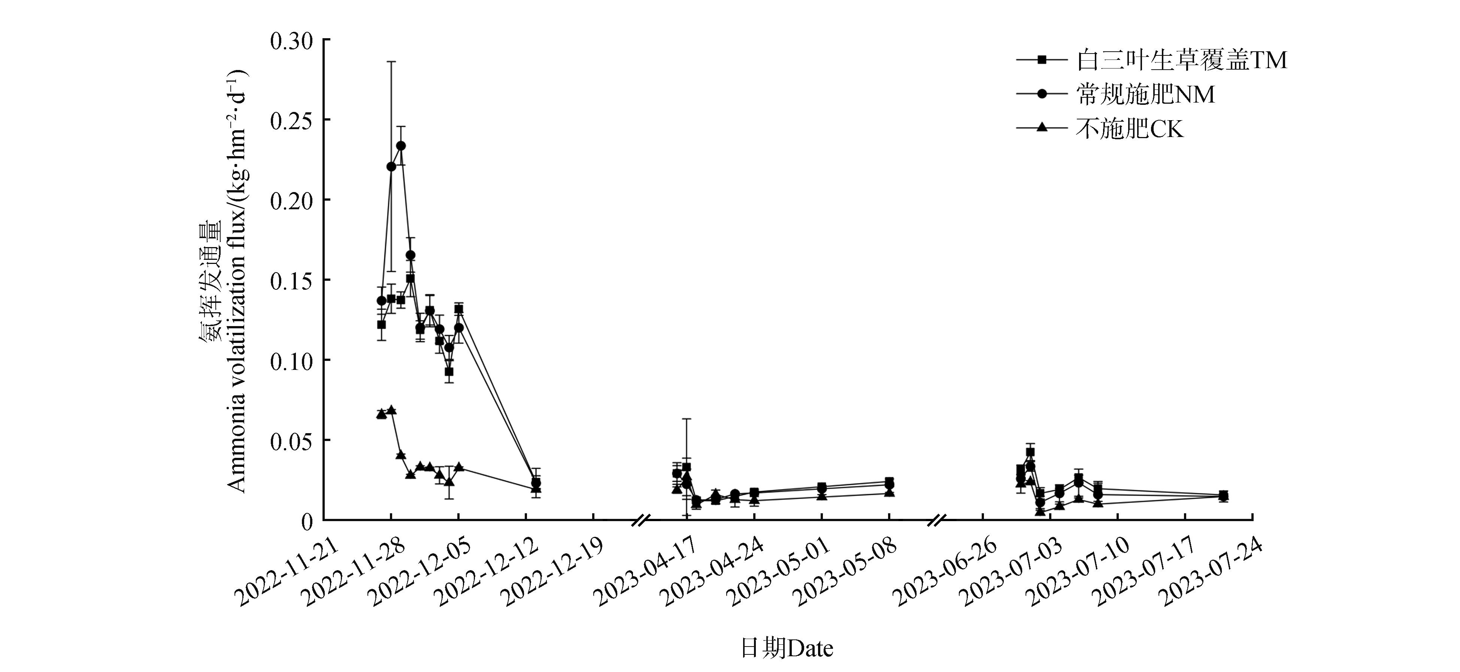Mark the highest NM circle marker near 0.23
[401, 146]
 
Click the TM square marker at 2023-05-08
[889, 481]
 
